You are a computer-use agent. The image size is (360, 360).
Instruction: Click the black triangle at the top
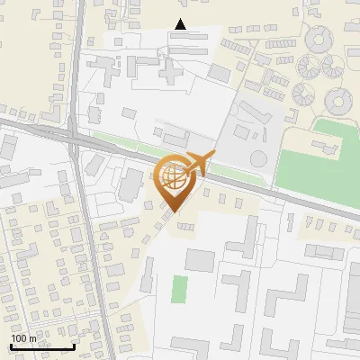pos(181,24)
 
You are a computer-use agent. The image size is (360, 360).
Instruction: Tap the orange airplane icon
pos(197,165)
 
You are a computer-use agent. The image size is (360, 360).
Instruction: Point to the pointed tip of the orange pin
pos(173,211)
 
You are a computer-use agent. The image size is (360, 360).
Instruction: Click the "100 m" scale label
pos(23,338)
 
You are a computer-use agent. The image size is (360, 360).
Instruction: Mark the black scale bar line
pos(41,346)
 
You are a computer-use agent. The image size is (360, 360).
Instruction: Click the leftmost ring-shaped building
pos(308,67)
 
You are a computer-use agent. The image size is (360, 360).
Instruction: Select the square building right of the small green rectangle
pos(200,261)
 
